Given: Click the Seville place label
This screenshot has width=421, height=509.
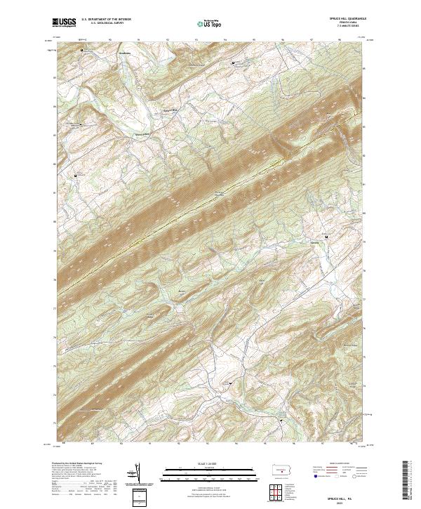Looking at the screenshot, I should [314, 242].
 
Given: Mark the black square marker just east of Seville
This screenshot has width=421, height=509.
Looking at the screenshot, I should [326, 237].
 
